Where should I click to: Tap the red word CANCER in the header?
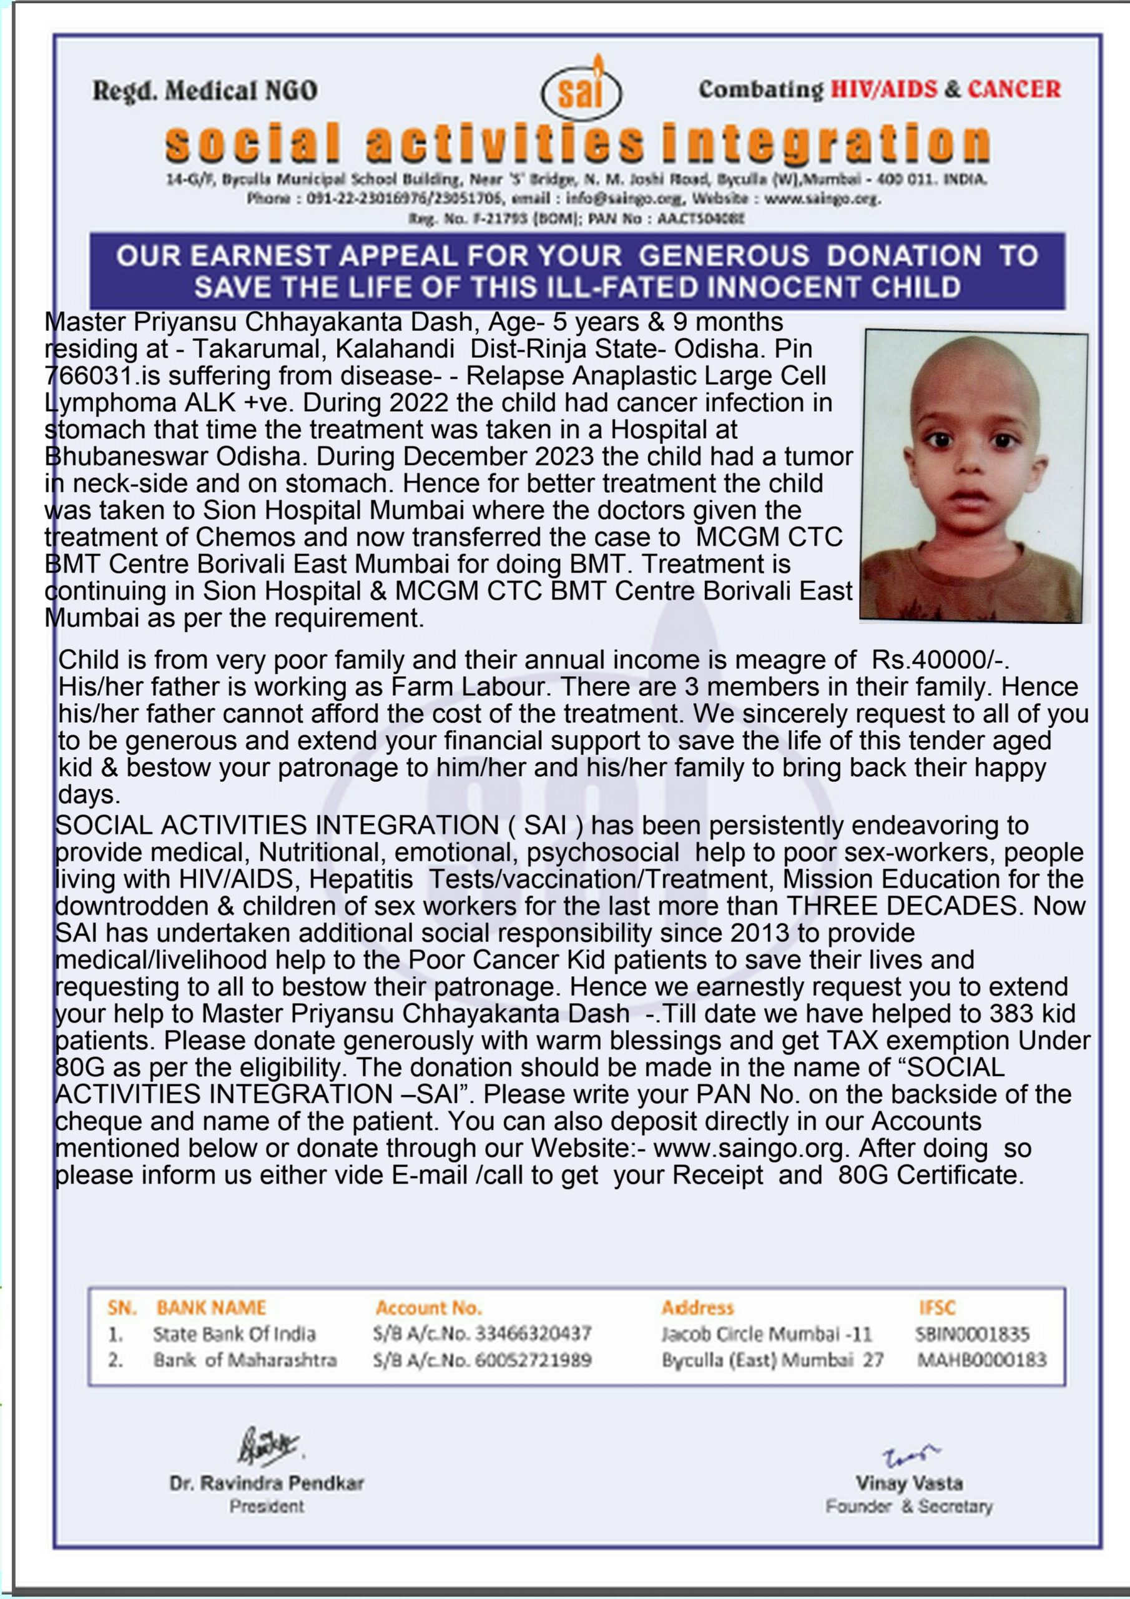tap(1014, 89)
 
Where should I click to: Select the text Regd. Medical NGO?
tap(205, 91)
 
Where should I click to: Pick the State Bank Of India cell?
tap(234, 1334)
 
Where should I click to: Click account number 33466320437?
tap(533, 1334)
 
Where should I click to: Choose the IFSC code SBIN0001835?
tap(972, 1334)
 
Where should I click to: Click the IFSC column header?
tap(936, 1308)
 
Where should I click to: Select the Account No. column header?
tap(428, 1308)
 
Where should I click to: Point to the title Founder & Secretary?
tap(908, 1507)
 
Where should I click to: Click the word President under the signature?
tap(267, 1507)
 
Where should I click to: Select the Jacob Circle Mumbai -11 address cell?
tap(766, 1334)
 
